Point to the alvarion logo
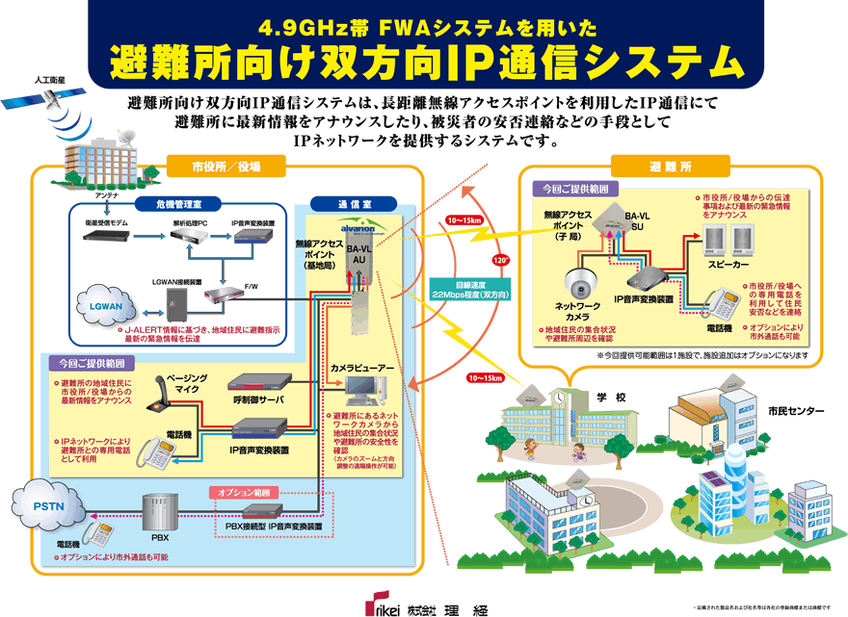tap(358, 230)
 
